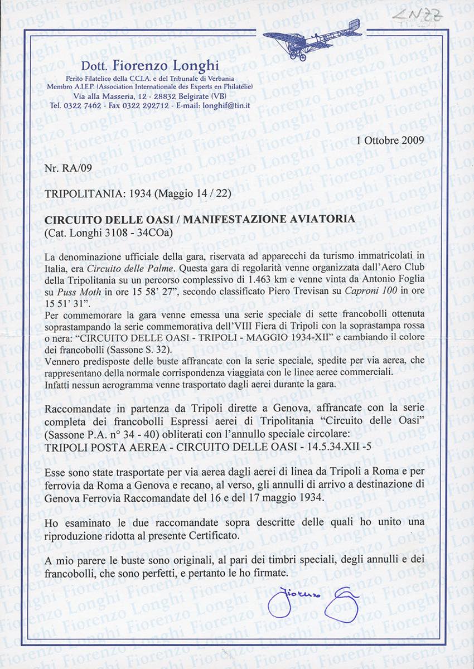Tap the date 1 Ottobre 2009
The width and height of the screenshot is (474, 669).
390,140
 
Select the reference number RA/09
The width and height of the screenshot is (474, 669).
73,167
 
